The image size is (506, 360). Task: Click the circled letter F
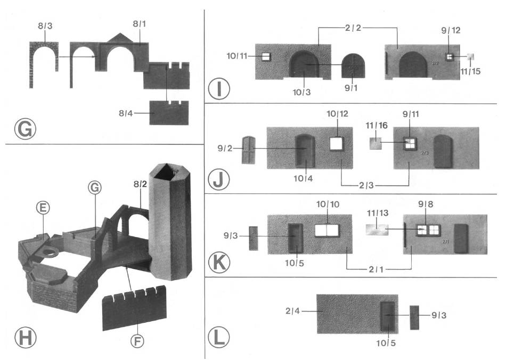point(138,340)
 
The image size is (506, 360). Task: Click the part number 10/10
point(328,205)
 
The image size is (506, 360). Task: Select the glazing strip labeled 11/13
point(377,229)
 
